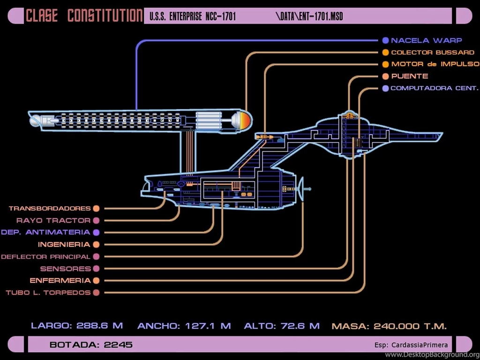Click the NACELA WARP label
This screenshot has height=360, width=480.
pyautogui.click(x=426, y=40)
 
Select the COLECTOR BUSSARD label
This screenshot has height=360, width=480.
pyautogui.click(x=432, y=52)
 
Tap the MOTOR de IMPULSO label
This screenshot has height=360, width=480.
pyautogui.click(x=435, y=64)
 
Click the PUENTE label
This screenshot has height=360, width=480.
pyautogui.click(x=409, y=76)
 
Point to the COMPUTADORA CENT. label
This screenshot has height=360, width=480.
pyautogui.click(x=434, y=88)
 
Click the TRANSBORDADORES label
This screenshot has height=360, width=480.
pyautogui.click(x=49, y=208)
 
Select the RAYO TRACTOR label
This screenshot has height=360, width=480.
pyautogui.click(x=53, y=220)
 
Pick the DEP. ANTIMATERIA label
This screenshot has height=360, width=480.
pyautogui.click(x=45, y=232)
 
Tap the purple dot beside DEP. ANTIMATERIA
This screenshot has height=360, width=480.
pyautogui.click(x=96, y=232)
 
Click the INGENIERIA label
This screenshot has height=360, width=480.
pyautogui.click(x=64, y=244)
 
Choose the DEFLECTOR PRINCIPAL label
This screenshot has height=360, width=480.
pyautogui.click(x=45, y=256)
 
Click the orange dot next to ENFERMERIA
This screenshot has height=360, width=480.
pyautogui.click(x=96, y=281)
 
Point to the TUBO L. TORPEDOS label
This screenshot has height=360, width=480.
pyautogui.click(x=48, y=292)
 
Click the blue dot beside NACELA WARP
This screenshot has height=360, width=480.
pyautogui.click(x=385, y=40)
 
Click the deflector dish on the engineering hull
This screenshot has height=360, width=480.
pyautogui.click(x=300, y=189)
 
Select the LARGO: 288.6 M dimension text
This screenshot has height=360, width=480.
pyautogui.click(x=77, y=325)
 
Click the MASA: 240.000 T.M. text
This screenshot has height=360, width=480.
pyautogui.click(x=389, y=326)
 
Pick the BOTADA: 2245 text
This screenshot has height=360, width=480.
pyautogui.click(x=91, y=345)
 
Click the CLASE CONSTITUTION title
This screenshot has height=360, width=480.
pyautogui.click(x=84, y=16)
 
